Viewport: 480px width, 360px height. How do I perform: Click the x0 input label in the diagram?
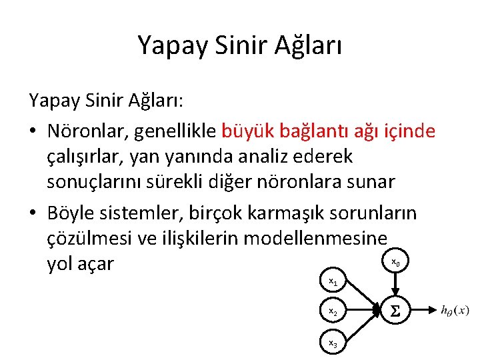click(395, 262)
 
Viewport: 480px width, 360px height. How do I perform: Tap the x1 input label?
click(333, 283)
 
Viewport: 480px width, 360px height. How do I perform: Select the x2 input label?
click(333, 311)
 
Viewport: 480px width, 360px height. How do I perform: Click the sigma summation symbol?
click(395, 311)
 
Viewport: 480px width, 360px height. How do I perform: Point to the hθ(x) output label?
click(455, 310)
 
